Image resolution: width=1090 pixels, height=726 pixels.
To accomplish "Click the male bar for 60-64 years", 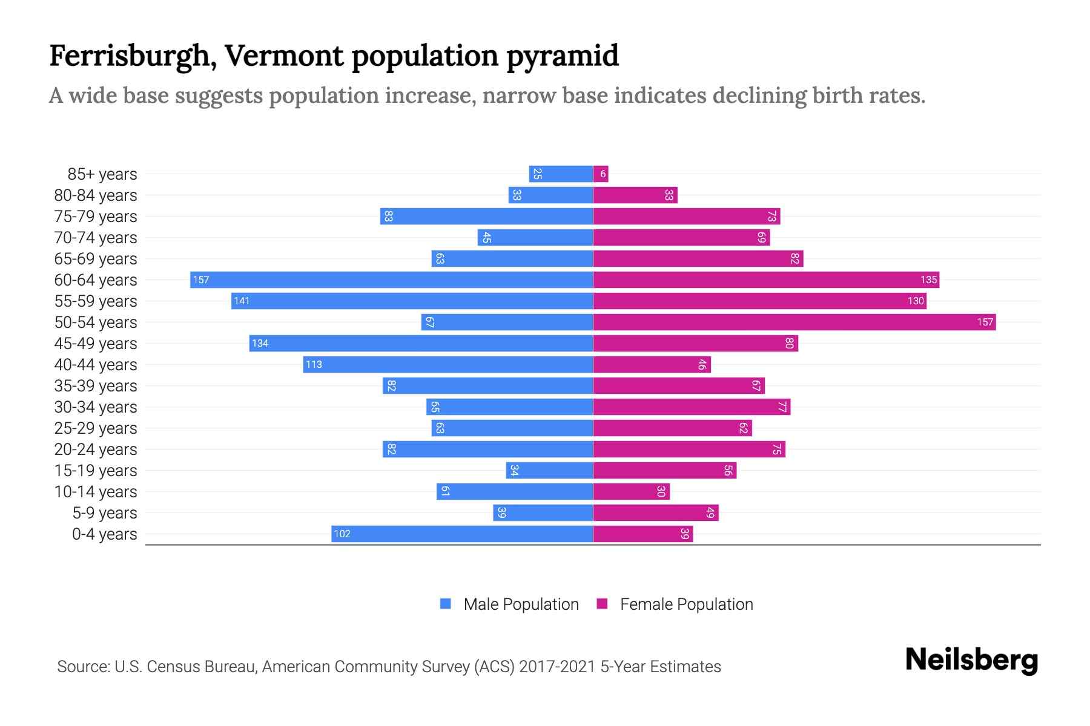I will pos(391,280).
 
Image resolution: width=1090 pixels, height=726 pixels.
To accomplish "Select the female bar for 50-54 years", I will pos(794,322).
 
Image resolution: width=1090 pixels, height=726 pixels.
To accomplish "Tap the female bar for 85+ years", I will pos(601,174).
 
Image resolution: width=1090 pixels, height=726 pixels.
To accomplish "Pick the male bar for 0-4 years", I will pos(462,534).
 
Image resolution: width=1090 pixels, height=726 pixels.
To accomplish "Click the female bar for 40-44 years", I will pos(652,364).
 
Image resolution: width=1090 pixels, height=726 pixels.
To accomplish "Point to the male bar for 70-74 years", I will pos(535,237).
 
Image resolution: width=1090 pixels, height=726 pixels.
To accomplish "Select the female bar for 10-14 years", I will pos(631,491).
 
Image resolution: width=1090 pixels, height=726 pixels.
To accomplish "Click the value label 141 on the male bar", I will pos(242,301).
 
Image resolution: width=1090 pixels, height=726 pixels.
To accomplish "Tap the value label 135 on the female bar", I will pos(928,280).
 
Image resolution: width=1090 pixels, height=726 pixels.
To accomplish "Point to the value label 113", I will pos(314,364).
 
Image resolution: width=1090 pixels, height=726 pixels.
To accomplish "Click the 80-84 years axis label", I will pos(96,195).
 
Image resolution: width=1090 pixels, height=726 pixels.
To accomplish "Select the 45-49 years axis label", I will pos(96,344).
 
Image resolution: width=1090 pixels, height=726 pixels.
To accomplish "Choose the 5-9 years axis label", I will pos(105,513).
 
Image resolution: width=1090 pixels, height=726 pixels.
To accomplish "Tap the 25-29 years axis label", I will pos(96,428).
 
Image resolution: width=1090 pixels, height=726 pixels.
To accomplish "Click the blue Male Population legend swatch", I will pos(446,604).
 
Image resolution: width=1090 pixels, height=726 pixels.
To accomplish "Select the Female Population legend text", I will pos(686,604).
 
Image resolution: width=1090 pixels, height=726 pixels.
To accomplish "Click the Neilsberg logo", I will pos(971,660).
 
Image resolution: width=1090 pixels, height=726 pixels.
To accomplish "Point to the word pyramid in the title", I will pos(563,56).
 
